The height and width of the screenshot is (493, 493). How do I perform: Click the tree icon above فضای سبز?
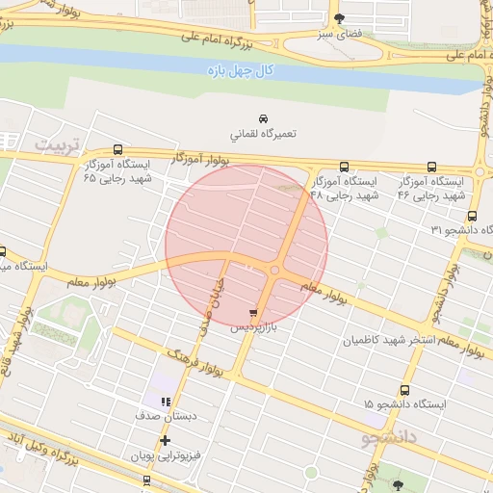(x=338, y=17)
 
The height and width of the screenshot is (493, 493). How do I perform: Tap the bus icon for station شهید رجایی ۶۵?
(x=117, y=149)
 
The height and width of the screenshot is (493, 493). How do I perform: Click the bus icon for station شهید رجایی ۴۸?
(x=317, y=166)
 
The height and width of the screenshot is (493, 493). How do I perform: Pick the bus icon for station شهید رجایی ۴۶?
(x=431, y=166)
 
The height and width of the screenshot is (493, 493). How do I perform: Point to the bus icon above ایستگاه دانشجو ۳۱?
(x=472, y=216)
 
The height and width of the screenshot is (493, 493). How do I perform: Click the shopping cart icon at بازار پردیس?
(x=252, y=314)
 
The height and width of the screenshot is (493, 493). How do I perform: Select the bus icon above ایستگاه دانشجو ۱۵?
(x=403, y=391)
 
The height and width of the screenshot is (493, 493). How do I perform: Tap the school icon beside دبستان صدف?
(x=166, y=402)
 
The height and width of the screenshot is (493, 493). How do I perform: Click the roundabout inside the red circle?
(x=275, y=272)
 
